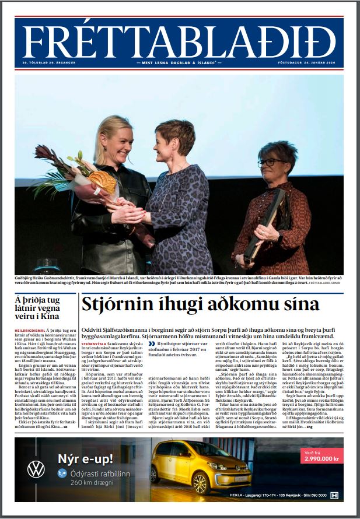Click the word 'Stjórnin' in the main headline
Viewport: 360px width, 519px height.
tap(113, 305)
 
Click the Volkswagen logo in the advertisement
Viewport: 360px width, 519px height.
tap(36, 468)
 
